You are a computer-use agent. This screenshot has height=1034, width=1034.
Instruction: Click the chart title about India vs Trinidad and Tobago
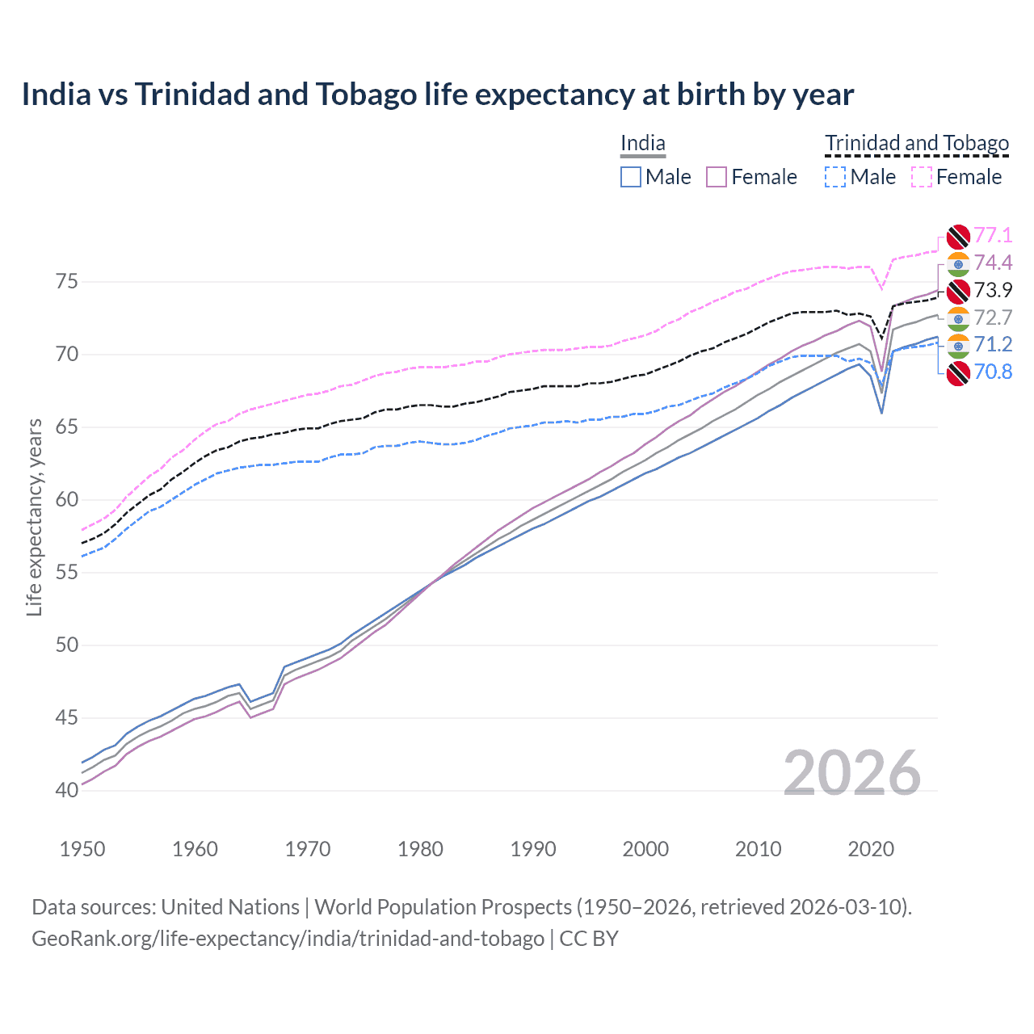point(437,95)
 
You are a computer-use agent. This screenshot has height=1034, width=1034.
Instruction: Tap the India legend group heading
point(642,144)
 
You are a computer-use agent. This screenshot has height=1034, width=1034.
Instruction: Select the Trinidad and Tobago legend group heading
point(916,144)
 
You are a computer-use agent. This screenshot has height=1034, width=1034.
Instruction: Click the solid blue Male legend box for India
point(631,177)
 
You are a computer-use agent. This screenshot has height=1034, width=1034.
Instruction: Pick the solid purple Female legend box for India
point(717,177)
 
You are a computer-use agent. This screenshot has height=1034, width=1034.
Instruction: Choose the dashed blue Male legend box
point(835,177)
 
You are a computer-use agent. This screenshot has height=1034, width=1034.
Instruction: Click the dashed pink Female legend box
point(921,177)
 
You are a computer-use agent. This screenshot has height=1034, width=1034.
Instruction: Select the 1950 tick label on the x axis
point(82,849)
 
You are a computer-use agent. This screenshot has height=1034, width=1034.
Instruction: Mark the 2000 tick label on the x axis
point(645,849)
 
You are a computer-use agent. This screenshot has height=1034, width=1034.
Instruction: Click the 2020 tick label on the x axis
point(871,849)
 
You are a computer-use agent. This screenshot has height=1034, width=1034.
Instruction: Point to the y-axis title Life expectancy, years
point(34,517)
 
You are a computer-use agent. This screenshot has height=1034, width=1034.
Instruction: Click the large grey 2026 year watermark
point(851,773)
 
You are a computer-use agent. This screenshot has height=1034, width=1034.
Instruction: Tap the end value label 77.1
point(993,235)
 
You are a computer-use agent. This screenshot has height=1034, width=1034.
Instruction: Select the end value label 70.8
point(993,372)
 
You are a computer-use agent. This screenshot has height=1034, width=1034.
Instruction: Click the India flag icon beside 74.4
point(958,263)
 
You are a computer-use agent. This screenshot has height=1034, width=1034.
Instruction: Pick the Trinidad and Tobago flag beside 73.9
point(958,291)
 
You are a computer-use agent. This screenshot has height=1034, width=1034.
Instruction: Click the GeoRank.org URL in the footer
point(288,939)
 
